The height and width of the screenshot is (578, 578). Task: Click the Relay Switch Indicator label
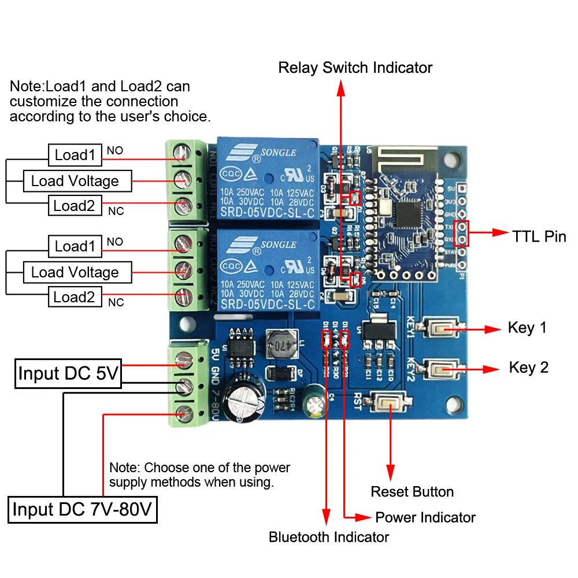click(x=355, y=68)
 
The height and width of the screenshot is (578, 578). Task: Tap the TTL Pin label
click(x=539, y=236)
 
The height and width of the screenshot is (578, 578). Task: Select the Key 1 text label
click(x=527, y=328)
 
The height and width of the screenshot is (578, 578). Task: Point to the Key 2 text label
click(x=528, y=368)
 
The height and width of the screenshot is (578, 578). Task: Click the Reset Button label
click(x=412, y=492)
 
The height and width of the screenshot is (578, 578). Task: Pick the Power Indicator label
click(x=425, y=517)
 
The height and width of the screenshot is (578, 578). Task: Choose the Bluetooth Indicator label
click(x=329, y=537)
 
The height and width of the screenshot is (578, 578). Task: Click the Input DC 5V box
click(x=68, y=373)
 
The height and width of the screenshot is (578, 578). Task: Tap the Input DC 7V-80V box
click(x=83, y=509)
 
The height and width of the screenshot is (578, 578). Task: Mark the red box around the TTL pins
click(x=461, y=234)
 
